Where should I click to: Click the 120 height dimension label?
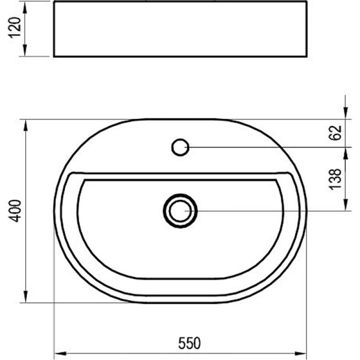(x=16, y=28)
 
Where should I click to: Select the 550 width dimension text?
(x=188, y=343)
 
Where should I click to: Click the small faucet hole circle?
(x=180, y=146)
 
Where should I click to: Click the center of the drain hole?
(x=180, y=211)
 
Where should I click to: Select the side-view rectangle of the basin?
(x=179, y=29)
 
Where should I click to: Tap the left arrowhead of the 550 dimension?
(x=59, y=353)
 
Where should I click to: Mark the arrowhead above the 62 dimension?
(x=346, y=115)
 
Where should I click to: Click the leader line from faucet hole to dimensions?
(x=264, y=146)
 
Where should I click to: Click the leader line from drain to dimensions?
(x=270, y=211)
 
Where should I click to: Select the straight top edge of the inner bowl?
(x=179, y=175)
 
